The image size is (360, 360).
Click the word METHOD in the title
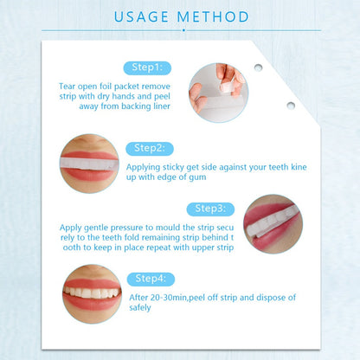coord(213,16)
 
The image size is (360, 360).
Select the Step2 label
coord(149,149)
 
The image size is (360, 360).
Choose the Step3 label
coord(211,209)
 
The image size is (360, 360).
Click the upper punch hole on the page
coord(257,68)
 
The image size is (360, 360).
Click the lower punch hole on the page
coord(291,106)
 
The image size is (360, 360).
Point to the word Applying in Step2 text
coord(145,167)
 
